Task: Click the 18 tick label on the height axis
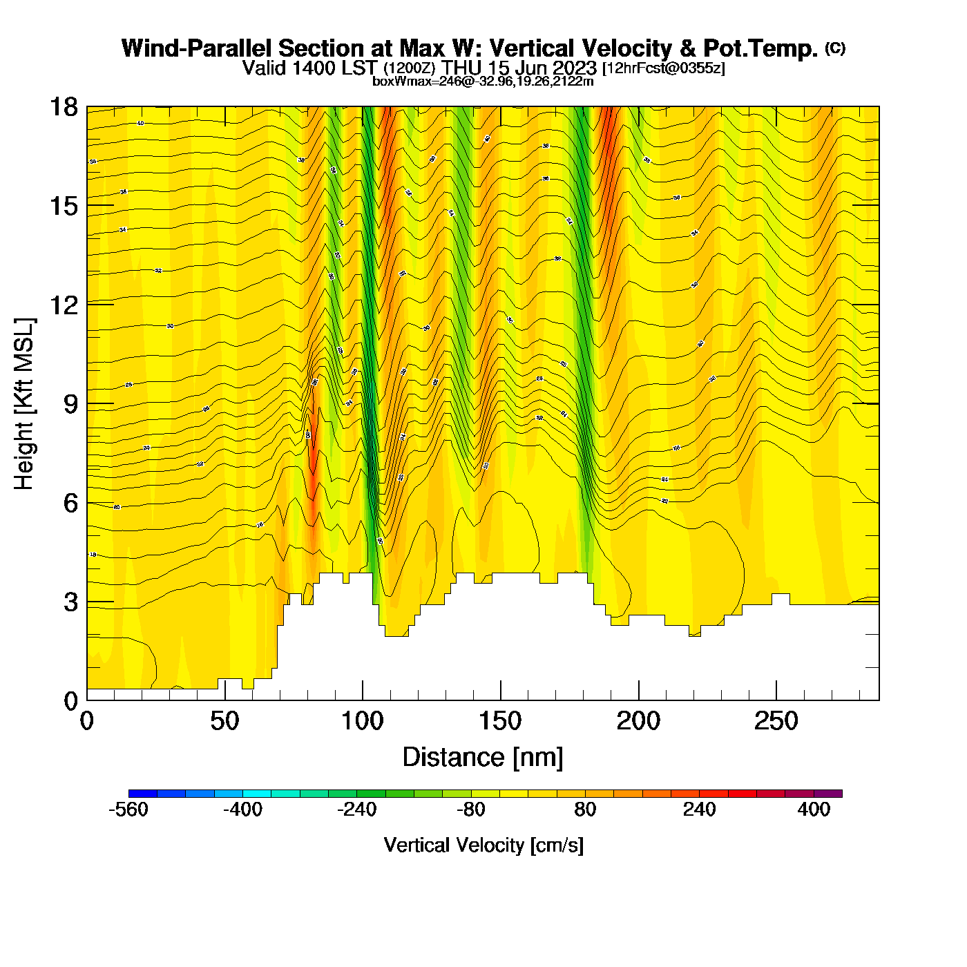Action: (x=64, y=107)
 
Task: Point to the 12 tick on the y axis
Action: (x=64, y=304)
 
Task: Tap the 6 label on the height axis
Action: (x=70, y=503)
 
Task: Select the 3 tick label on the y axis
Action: (x=70, y=602)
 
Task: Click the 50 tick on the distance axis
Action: (x=224, y=721)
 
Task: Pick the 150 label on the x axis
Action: (x=501, y=721)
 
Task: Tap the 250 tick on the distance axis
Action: (x=776, y=721)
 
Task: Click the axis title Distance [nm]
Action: (x=483, y=757)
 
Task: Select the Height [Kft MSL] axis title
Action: (x=25, y=404)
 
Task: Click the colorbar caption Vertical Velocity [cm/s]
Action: (x=483, y=845)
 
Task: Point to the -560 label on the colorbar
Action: (x=128, y=810)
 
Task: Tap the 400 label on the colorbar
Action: (x=814, y=810)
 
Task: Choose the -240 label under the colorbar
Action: (x=356, y=810)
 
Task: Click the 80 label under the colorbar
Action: (x=585, y=810)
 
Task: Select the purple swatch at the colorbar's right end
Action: (x=828, y=793)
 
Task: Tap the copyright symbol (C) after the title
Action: (x=835, y=48)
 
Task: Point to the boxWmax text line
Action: (x=483, y=82)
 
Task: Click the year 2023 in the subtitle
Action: (x=575, y=68)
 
